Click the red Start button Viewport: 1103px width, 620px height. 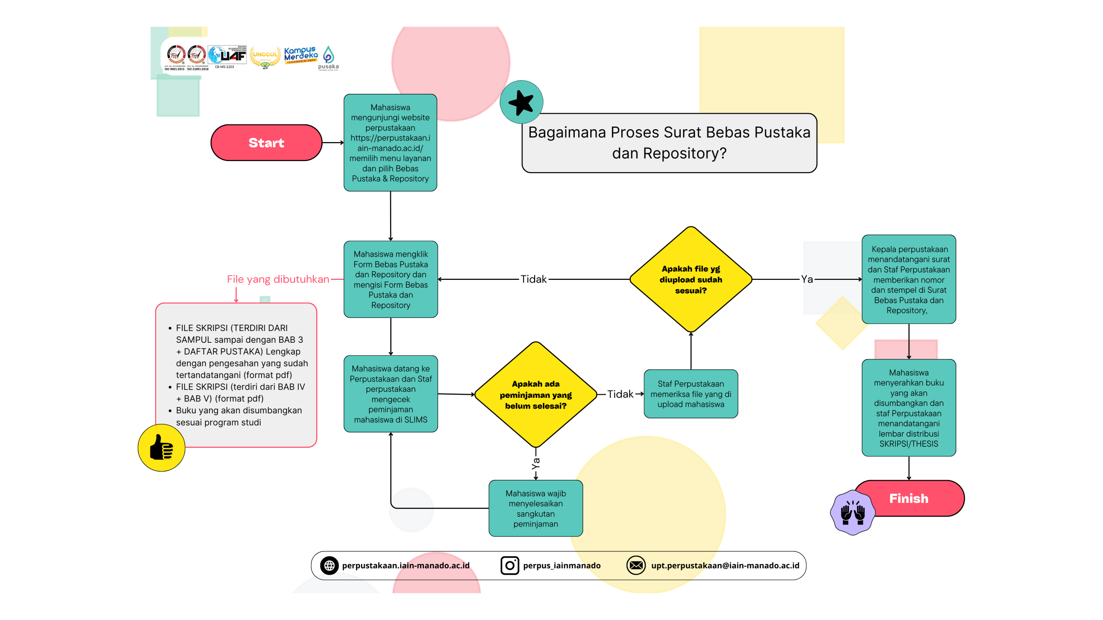266,143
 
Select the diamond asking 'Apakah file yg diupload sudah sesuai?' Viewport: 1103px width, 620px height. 690,279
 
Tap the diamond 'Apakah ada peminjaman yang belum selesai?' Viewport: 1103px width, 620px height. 535,394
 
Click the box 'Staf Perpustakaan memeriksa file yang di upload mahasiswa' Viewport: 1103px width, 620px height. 690,394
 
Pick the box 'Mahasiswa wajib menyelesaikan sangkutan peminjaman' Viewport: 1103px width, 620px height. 535,508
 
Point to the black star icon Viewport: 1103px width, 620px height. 521,102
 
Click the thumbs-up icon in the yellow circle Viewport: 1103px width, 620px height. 161,448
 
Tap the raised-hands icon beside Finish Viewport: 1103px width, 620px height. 852,512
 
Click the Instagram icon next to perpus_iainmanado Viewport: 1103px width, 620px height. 509,565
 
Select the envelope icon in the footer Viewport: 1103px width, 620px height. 636,565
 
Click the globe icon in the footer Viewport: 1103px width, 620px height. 329,565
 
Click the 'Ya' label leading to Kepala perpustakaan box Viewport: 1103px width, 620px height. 807,279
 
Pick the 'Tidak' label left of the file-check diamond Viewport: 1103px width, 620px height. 533,279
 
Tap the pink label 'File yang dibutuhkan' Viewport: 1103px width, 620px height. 278,279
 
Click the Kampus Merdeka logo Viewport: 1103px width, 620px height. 301,55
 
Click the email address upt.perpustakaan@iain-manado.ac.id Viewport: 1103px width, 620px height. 725,565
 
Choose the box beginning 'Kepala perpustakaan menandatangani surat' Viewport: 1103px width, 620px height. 908,279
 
